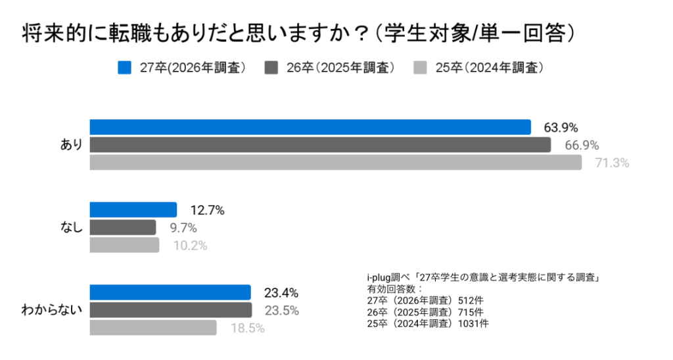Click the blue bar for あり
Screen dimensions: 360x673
[310, 127]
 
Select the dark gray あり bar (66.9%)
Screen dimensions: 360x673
[319, 145]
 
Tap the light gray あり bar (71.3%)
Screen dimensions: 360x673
[335, 162]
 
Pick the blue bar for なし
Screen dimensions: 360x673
[133, 210]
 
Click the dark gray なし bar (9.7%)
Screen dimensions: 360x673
[122, 227]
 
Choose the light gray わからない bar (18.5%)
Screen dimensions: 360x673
[152, 327]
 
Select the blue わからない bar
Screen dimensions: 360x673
[170, 292]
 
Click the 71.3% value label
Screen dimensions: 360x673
[612, 163]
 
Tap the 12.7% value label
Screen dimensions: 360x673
[207, 211]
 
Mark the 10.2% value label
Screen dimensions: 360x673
[190, 246]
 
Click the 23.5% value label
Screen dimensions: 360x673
[281, 310]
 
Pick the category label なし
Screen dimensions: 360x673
[71, 228]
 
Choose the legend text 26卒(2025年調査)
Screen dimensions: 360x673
[340, 68]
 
